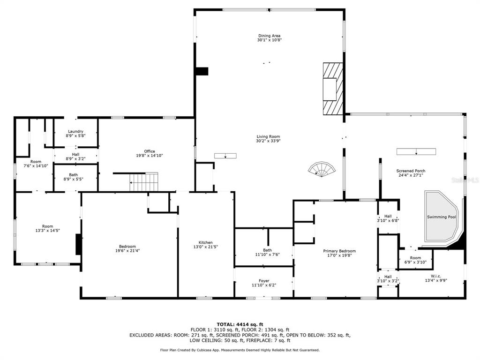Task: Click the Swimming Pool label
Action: point(442,217)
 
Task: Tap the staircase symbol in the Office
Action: point(143,182)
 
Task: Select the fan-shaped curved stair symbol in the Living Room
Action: point(322,169)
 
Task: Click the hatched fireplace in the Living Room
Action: point(333,89)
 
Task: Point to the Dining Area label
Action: point(269,36)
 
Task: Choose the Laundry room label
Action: point(75,131)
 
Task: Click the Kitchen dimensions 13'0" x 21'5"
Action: point(205,247)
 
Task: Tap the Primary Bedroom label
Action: point(339,251)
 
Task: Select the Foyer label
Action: point(264,281)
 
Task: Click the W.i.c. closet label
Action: point(436,276)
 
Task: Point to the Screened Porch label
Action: point(411,171)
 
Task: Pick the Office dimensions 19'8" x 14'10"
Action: point(150,156)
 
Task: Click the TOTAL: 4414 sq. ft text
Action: point(240,324)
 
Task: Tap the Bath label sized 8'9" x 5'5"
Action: point(74,175)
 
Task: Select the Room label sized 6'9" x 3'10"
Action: point(415,258)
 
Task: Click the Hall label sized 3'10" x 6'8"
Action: point(388,216)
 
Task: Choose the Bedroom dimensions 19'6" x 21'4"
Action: point(127,251)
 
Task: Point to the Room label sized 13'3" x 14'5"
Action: point(47,226)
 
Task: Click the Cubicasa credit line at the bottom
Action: point(240,350)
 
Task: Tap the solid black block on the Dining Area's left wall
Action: point(202,71)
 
